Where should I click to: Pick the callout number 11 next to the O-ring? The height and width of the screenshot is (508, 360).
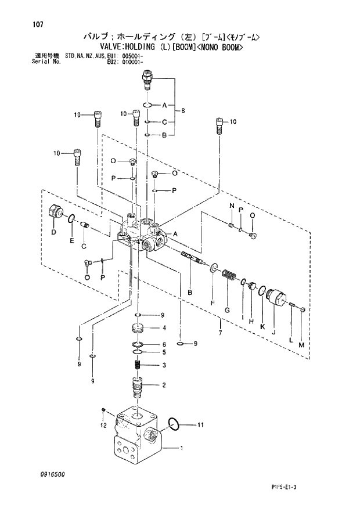(200, 425)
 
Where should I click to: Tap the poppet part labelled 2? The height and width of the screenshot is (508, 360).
(138, 386)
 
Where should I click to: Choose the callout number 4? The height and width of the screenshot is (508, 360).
(164, 328)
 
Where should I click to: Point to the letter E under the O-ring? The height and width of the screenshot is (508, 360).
(71, 240)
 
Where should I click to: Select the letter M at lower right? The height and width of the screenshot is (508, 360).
(301, 345)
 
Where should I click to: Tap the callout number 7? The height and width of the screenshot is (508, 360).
(220, 333)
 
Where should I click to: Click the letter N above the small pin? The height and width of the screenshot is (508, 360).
(232, 207)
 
